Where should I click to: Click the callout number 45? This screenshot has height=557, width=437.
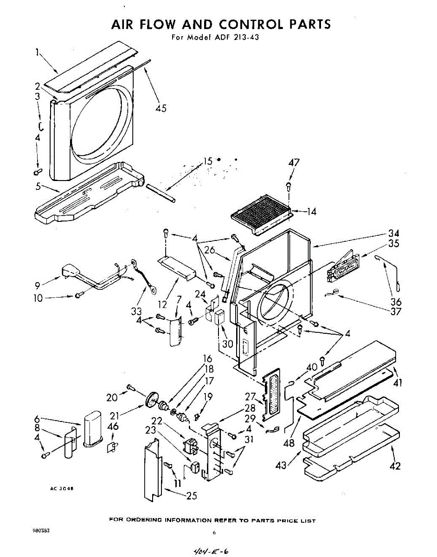tap(161, 109)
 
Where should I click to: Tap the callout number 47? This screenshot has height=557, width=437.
tap(294, 162)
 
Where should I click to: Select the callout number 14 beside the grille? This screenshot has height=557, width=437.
tap(311, 212)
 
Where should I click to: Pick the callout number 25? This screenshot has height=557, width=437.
tap(191, 496)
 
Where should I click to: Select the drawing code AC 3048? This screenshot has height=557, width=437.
tap(62, 488)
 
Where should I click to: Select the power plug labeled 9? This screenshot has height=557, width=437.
tap(71, 271)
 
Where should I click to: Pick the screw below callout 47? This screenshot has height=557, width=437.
tap(288, 187)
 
